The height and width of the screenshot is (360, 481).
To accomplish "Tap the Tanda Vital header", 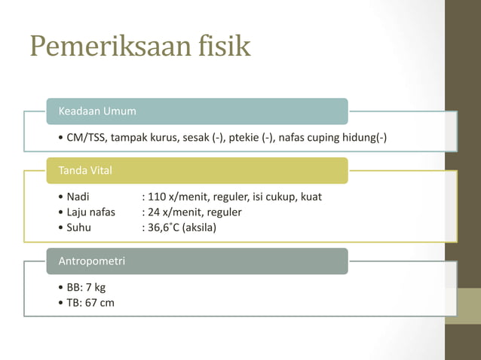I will point(85,171).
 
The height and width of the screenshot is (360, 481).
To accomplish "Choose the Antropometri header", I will point(92,261).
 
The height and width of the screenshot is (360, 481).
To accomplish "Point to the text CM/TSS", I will point(84,138).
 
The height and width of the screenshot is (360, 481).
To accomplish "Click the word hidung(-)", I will point(365,138).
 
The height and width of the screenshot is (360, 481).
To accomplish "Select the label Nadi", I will point(78,197).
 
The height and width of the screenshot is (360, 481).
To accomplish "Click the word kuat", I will point(311,197).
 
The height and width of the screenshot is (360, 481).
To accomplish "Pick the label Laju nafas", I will point(91,212).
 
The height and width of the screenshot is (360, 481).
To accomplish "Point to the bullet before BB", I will point(60,288).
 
